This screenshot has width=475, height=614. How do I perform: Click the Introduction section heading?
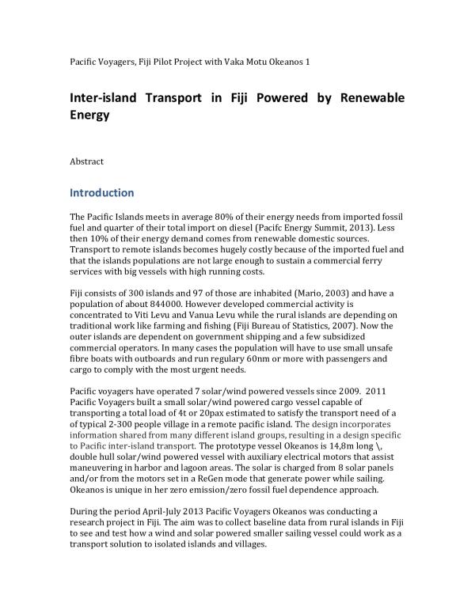[x=102, y=192]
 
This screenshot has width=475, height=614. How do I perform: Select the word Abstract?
[x=87, y=161]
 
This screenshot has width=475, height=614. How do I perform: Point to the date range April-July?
[x=169, y=512]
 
